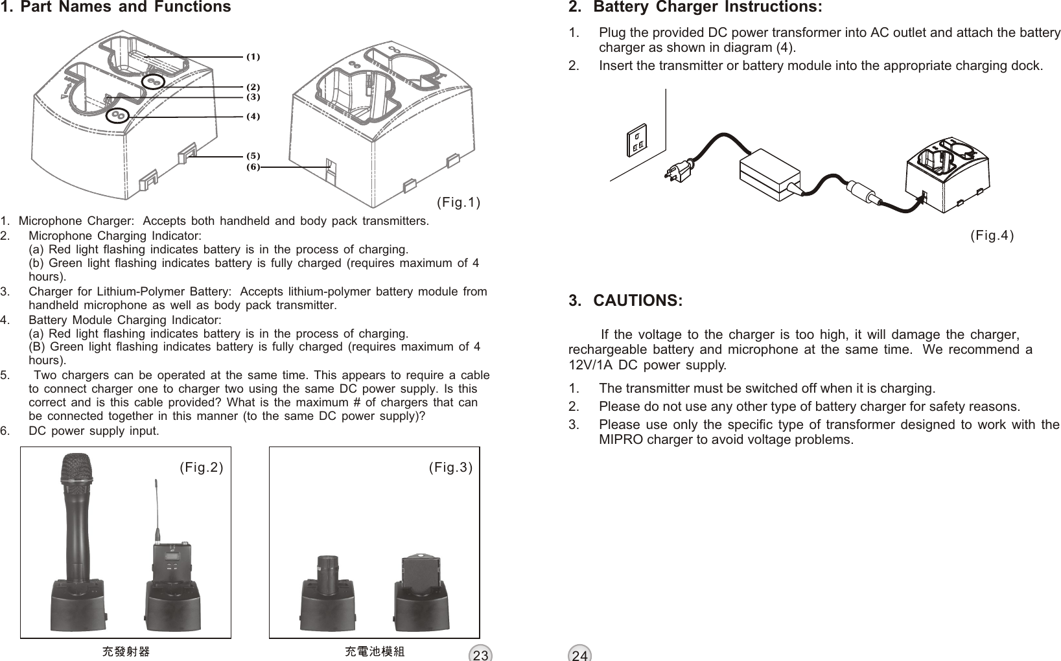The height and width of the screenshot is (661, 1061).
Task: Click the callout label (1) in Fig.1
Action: click(x=253, y=57)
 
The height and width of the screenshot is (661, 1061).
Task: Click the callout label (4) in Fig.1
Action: click(x=253, y=117)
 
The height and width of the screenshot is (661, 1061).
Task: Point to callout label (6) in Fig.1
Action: click(x=253, y=167)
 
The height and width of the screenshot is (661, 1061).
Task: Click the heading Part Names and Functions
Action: click(x=123, y=8)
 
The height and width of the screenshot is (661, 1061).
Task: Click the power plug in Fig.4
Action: click(x=678, y=170)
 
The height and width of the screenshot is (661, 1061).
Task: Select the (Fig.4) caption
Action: click(x=992, y=235)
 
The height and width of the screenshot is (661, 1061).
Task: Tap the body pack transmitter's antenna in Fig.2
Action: click(x=156, y=509)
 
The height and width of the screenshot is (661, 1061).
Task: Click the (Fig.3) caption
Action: click(x=450, y=467)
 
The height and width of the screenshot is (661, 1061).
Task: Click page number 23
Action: click(x=480, y=654)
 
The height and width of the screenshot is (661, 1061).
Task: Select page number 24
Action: click(x=580, y=654)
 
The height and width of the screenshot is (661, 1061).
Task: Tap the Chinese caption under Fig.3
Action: click(x=375, y=651)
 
